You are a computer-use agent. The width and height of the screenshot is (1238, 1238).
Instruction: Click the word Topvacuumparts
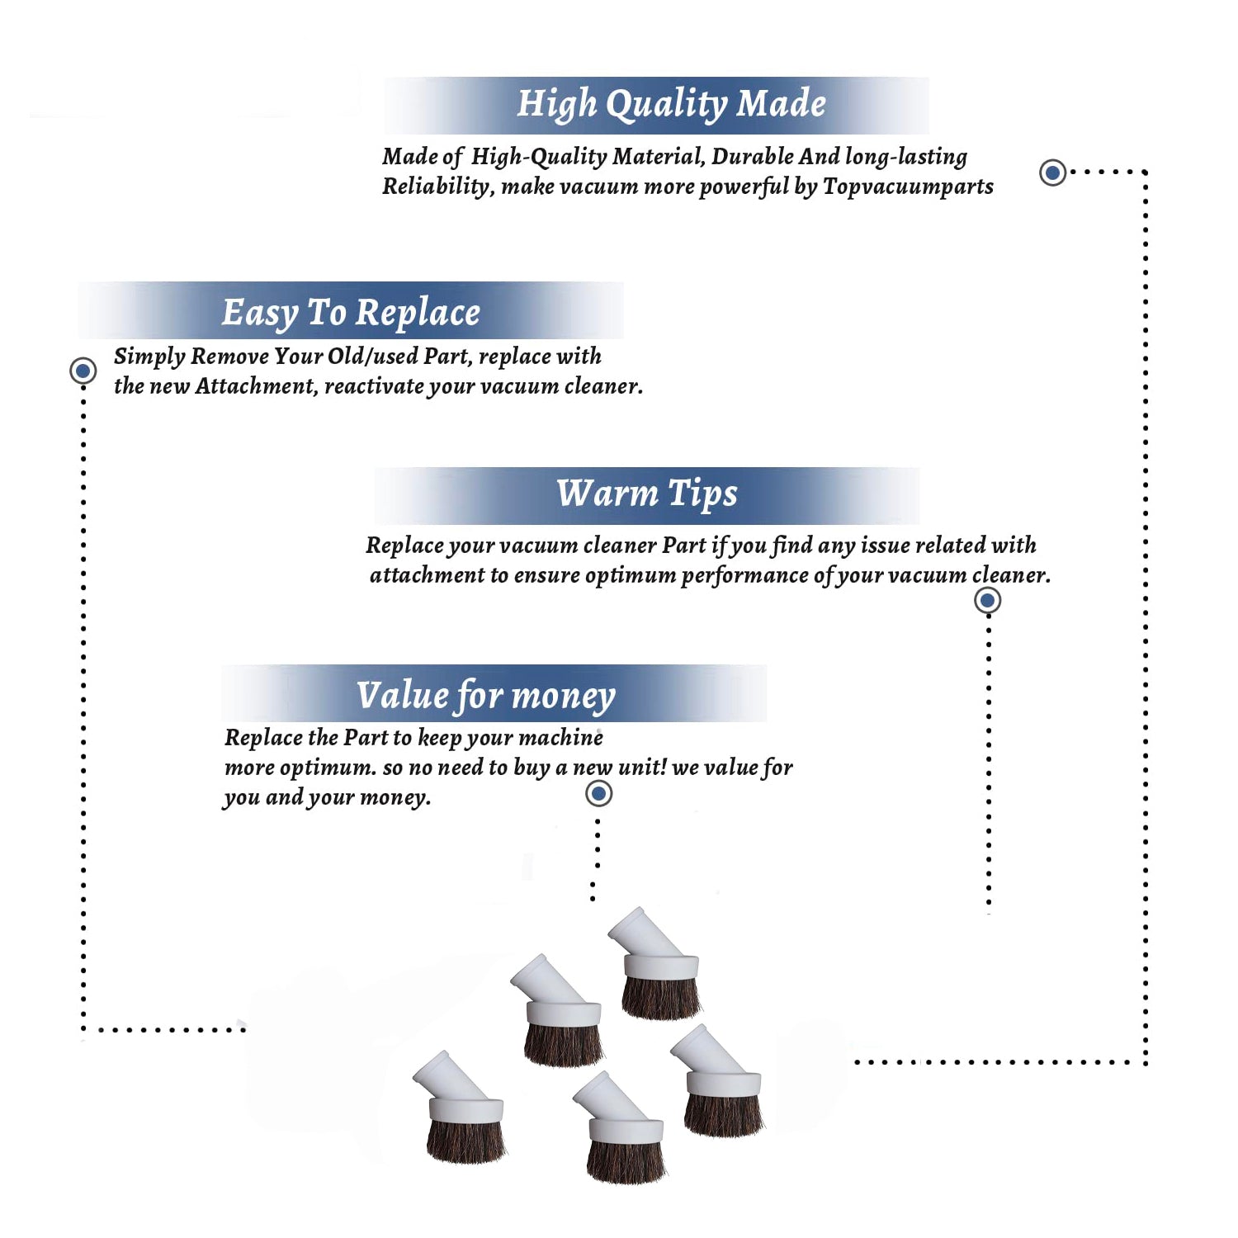click(908, 187)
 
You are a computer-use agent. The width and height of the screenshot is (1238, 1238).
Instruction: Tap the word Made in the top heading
click(781, 104)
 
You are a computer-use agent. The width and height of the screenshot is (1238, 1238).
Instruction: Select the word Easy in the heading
click(260, 314)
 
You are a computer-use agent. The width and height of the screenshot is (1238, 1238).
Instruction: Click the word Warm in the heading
click(607, 493)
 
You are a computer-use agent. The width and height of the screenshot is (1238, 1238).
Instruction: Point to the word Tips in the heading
click(702, 494)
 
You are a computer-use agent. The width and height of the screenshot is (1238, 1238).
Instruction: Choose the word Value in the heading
click(402, 695)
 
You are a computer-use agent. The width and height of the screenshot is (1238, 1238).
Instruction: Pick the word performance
click(744, 575)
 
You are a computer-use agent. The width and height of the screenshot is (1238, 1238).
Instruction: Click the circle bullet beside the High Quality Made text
click(1052, 172)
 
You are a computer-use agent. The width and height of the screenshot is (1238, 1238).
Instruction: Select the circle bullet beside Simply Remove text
click(83, 371)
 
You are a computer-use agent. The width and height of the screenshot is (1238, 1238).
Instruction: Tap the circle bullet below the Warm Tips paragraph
click(987, 600)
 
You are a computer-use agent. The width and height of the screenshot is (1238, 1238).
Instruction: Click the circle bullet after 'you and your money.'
click(598, 794)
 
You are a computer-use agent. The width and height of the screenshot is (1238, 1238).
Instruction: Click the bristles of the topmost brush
click(660, 997)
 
